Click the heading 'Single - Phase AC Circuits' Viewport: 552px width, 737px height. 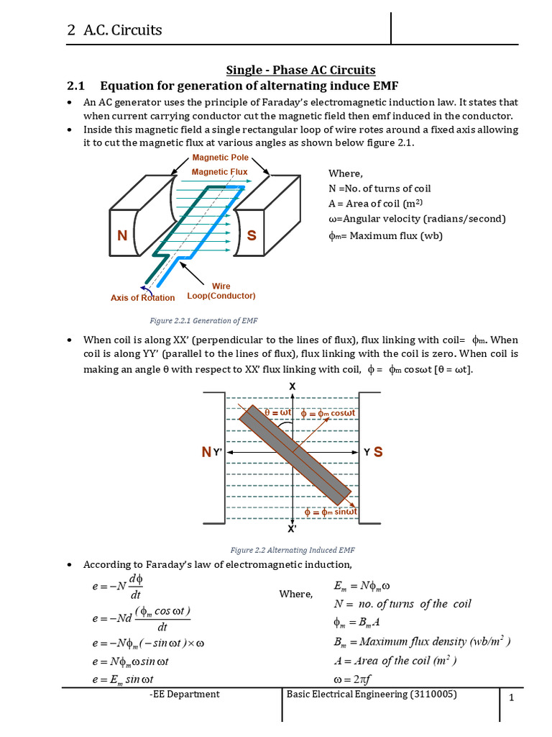tap(300, 70)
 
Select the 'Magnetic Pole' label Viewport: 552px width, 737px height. tap(219, 158)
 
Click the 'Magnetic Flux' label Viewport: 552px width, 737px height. tap(219, 172)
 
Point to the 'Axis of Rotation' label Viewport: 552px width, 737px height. tap(142, 297)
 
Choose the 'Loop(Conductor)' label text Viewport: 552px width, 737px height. tap(221, 296)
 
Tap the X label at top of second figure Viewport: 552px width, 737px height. tap(292, 386)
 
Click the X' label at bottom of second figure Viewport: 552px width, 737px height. tap(293, 529)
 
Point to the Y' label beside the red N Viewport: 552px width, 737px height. tap(218, 453)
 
